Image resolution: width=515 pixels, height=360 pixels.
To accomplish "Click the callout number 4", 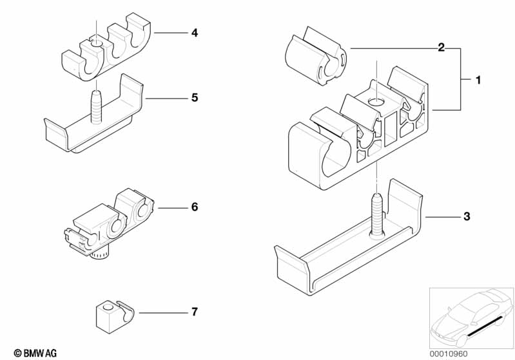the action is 195,33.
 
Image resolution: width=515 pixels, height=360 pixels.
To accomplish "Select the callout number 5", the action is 195,98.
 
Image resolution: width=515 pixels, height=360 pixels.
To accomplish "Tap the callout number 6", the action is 195,207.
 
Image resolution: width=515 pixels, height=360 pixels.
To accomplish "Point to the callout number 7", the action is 195,312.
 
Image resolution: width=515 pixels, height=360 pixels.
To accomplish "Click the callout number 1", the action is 478,80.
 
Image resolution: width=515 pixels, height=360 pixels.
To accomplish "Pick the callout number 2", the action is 442,48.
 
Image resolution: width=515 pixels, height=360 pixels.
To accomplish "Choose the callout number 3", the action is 467,216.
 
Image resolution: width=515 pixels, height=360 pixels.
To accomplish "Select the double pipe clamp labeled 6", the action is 109,223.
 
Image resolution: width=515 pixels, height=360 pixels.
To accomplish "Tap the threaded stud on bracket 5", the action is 97,107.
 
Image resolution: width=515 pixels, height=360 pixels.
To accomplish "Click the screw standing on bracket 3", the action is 376,216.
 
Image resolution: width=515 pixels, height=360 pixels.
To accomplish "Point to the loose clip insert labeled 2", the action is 315,57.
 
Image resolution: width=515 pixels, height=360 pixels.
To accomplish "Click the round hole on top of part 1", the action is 376,102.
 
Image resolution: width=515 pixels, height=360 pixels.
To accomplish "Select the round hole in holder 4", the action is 96,44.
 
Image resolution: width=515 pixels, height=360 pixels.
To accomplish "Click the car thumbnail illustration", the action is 471,317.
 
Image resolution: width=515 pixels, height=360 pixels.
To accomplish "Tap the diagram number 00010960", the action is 449,354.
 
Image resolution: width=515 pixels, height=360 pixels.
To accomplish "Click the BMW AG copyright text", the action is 35,353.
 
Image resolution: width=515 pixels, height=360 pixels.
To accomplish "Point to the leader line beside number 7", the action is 163,313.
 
